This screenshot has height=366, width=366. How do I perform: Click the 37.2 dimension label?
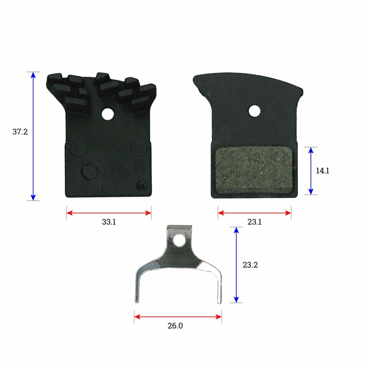[20, 132]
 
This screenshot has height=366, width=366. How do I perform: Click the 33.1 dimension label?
[109, 222]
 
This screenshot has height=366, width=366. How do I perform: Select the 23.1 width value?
[254, 222]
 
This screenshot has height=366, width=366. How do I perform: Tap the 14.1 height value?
[322, 171]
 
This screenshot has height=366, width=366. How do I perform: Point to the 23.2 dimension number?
[250, 265]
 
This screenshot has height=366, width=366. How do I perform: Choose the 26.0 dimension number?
[178, 326]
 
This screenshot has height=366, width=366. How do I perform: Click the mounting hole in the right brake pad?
[254, 111]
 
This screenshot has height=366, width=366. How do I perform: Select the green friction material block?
[254, 171]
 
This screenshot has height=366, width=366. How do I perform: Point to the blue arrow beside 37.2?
[33, 136]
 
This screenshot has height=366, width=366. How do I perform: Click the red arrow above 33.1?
[109, 213]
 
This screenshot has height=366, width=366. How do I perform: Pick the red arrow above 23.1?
[254, 213]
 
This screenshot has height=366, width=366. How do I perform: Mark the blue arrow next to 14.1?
[311, 171]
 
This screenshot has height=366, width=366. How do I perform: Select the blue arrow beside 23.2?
[236, 265]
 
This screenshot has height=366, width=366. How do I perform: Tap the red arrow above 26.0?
[178, 316]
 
